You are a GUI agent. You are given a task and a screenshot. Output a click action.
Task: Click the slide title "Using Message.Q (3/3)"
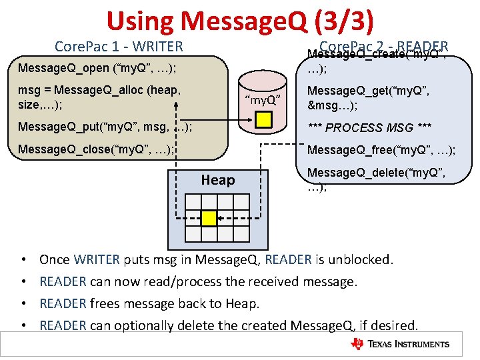240,21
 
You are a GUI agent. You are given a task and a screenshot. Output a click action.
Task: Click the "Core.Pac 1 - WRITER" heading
119,47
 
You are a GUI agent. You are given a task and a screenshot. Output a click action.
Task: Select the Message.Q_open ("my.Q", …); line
97,68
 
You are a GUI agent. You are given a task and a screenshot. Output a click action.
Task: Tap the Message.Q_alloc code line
101,96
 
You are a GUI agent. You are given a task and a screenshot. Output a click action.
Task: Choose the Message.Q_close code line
97,149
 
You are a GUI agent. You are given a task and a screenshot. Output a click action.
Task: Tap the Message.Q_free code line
381,150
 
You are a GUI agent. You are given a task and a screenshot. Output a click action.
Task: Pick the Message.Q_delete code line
376,179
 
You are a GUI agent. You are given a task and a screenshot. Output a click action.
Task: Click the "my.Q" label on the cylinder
264,100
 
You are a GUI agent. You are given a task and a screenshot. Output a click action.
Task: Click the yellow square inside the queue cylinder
264,120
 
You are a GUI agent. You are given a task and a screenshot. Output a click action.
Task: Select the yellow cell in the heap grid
209,218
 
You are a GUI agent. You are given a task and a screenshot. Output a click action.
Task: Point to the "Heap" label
218,180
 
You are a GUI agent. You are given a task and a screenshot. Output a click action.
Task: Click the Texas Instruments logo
400,344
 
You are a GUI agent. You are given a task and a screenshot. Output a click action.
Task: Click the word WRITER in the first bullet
97,259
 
